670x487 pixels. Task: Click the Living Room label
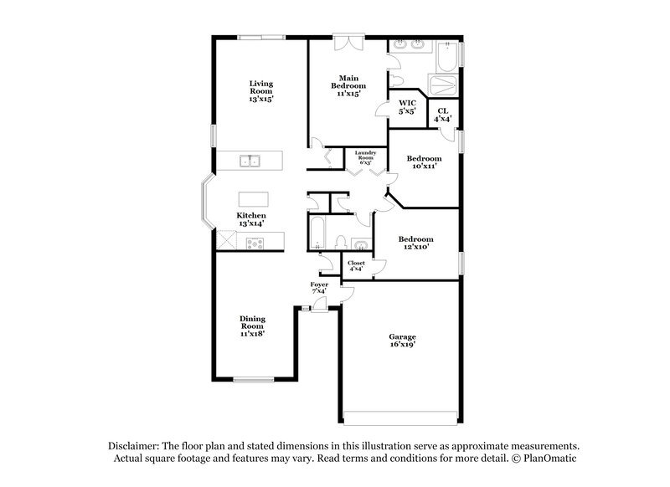click(260, 91)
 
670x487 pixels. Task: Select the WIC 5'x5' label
click(407, 106)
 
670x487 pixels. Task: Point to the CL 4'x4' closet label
click(442, 115)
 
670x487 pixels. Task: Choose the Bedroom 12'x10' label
click(415, 243)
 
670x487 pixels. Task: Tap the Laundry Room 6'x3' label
click(364, 156)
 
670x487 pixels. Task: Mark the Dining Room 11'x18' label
click(252, 326)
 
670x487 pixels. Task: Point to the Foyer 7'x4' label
click(319, 287)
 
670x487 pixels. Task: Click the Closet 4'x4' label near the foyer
click(356, 266)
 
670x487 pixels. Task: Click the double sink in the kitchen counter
click(249, 160)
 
